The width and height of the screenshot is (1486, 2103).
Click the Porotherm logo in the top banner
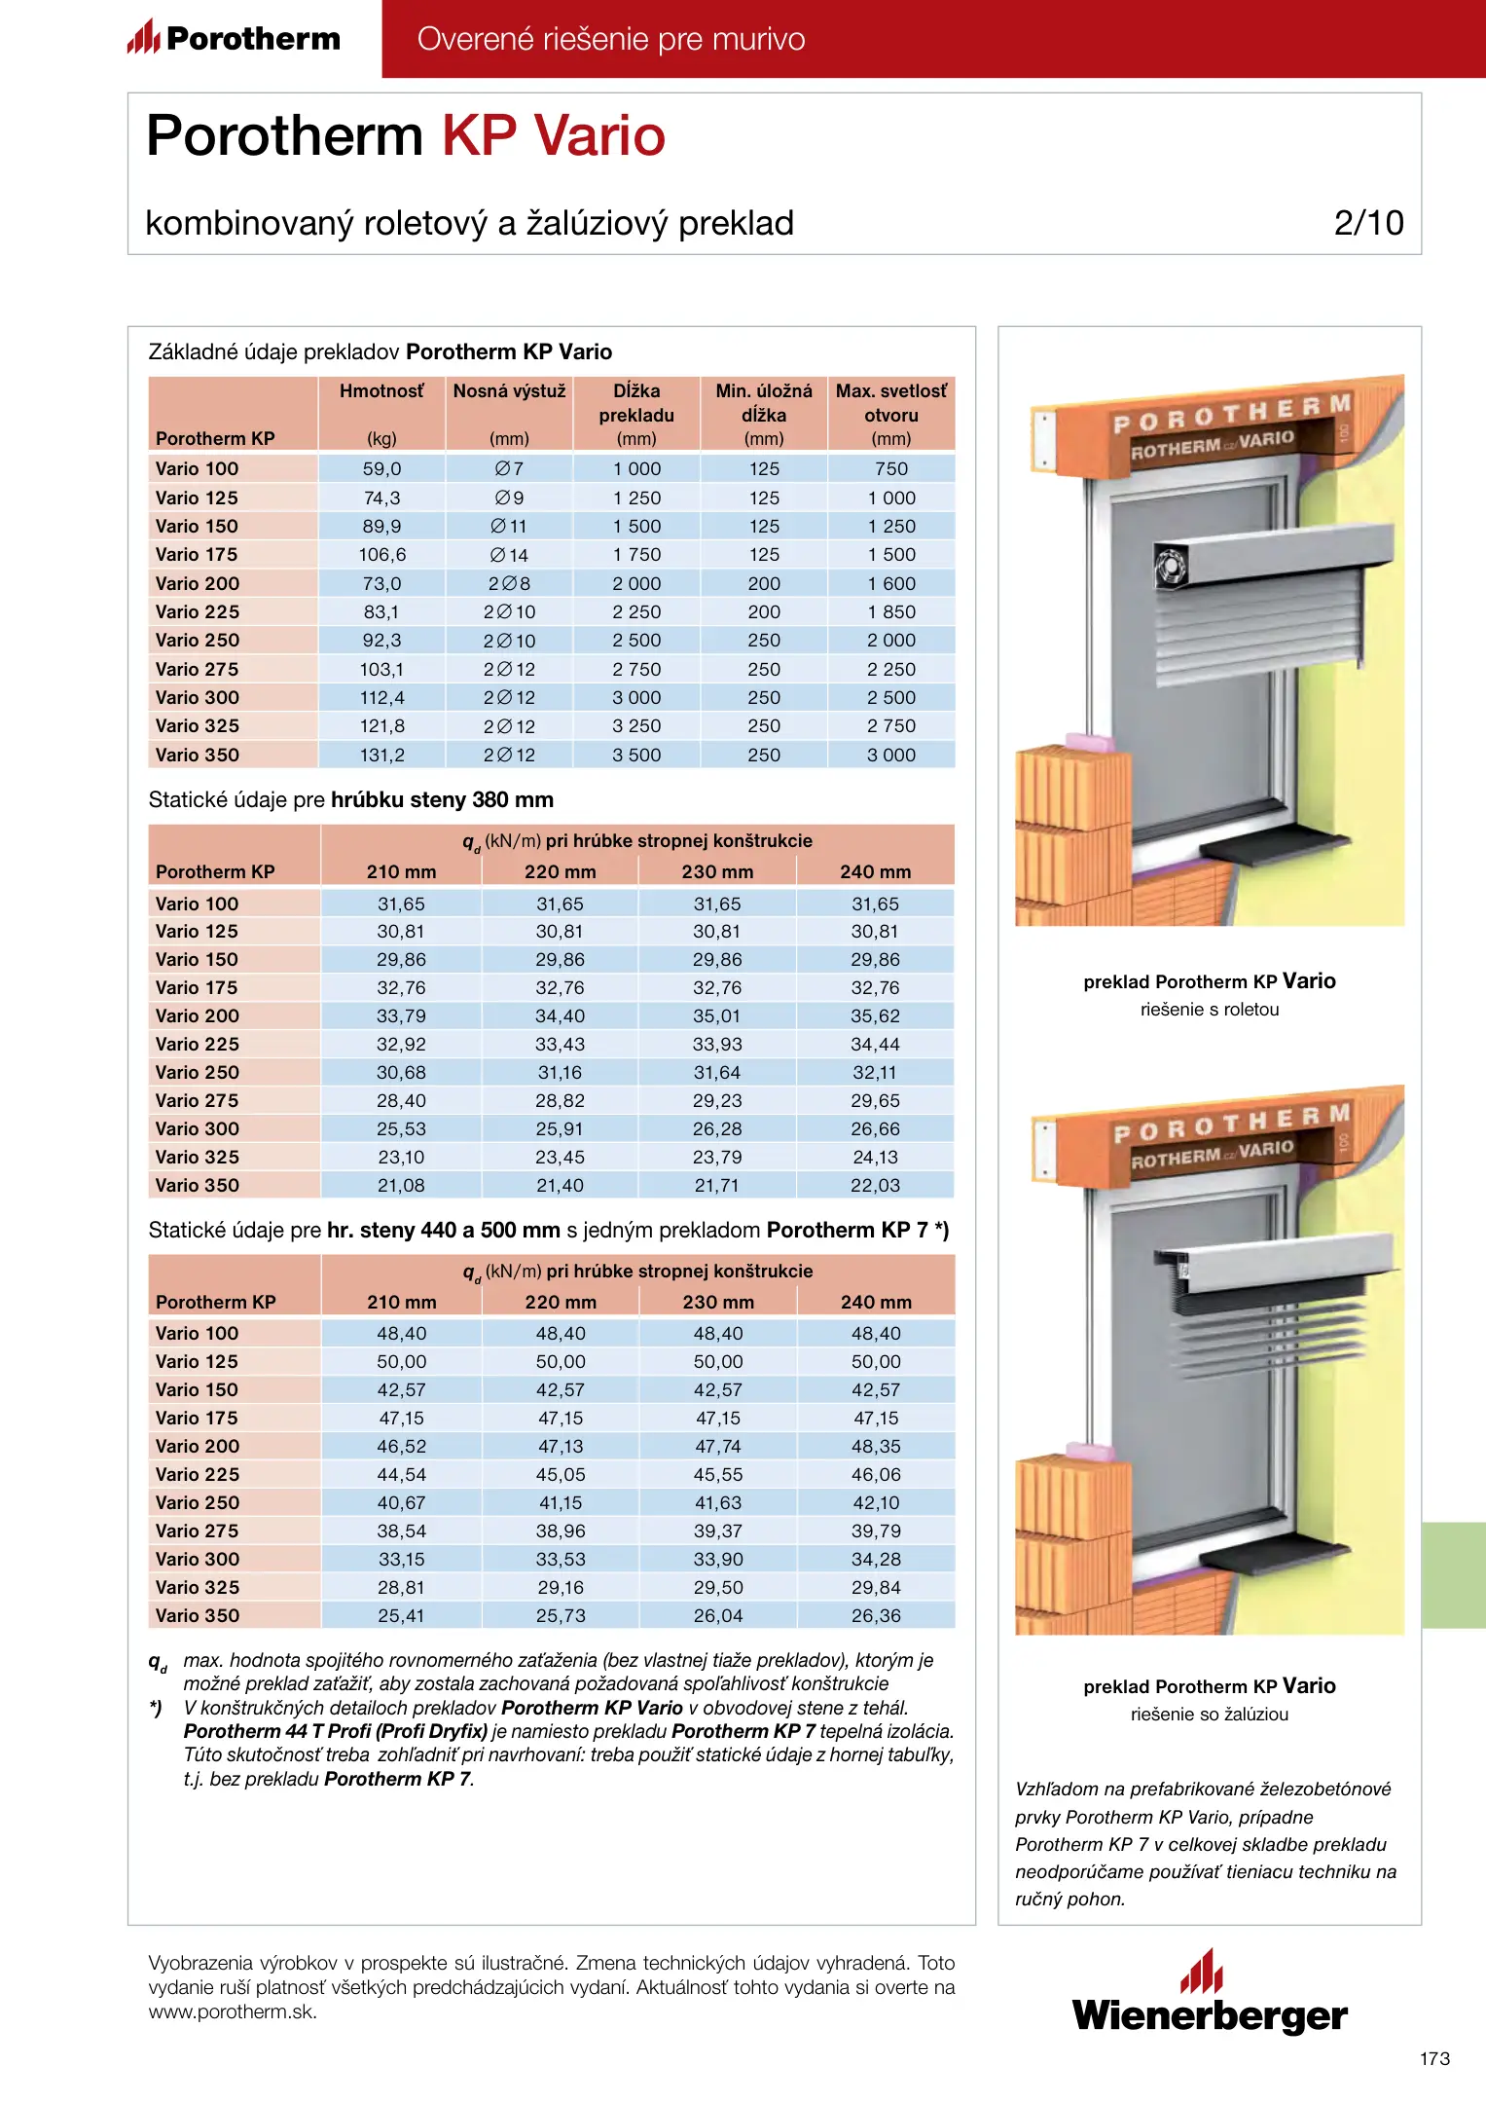(234, 39)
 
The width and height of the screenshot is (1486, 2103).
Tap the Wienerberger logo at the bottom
(1210, 1995)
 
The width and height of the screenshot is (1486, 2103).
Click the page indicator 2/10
(1368, 223)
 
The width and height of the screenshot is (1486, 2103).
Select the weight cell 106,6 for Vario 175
(381, 555)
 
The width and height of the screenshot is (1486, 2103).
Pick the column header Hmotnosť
(381, 391)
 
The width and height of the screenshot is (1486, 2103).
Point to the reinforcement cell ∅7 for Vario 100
(509, 469)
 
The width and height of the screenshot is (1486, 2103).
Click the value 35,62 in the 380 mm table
(875, 1016)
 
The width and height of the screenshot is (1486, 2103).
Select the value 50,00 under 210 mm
(401, 1362)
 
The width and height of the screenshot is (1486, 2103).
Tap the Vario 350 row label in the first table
(198, 756)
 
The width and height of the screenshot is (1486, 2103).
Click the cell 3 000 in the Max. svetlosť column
(890, 756)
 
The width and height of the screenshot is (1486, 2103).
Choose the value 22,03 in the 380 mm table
(875, 1186)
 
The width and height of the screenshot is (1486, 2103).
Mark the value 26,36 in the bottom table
(876, 1616)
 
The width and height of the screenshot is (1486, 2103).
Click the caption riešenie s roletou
(1210, 1010)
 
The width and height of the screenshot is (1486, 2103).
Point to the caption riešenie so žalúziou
(1210, 1715)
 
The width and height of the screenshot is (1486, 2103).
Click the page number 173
(1434, 2059)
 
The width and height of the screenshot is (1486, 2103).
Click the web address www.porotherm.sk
(233, 2012)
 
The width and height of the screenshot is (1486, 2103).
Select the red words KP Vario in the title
(554, 135)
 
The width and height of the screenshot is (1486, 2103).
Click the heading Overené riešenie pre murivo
(611, 39)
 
